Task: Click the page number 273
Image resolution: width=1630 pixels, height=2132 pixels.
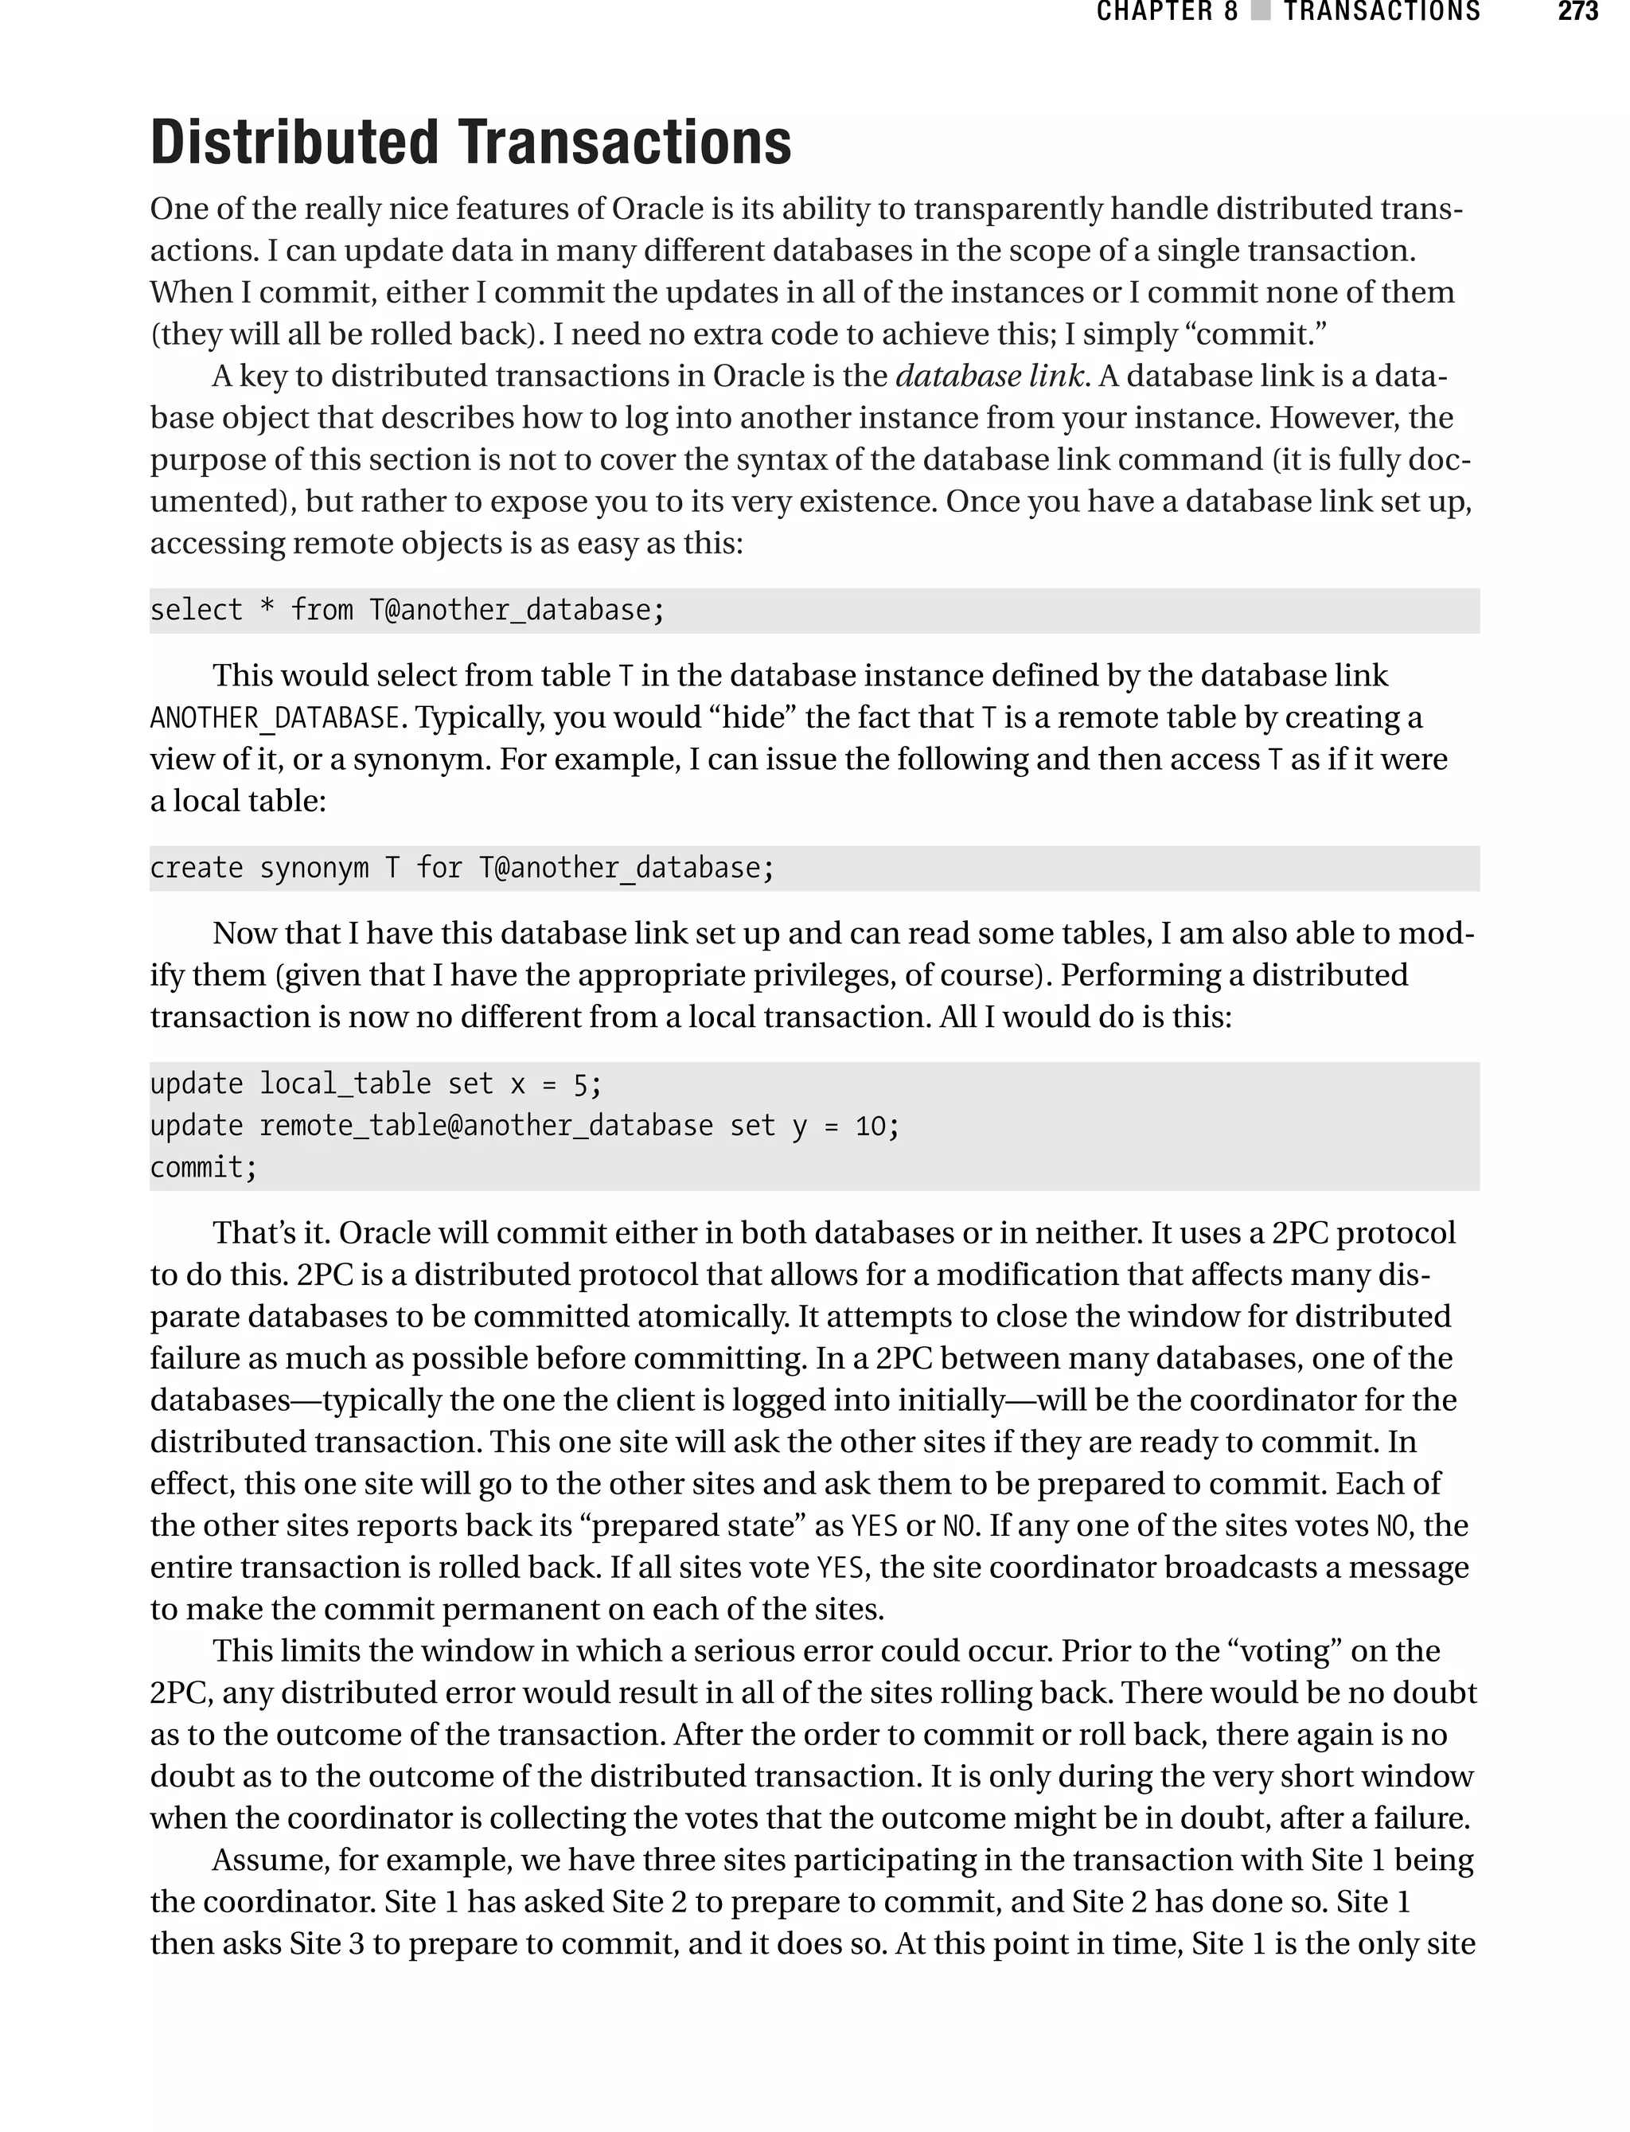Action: (1577, 12)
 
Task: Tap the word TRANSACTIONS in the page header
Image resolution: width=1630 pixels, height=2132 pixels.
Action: (1382, 12)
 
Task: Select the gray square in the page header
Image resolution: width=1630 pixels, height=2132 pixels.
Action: (1261, 12)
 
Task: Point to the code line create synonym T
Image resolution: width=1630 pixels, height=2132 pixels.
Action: (462, 868)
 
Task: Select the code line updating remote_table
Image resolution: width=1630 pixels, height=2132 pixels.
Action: (524, 1126)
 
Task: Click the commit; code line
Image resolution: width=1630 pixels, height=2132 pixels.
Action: (204, 1167)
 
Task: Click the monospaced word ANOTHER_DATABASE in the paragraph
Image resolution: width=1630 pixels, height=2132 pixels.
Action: (275, 718)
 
